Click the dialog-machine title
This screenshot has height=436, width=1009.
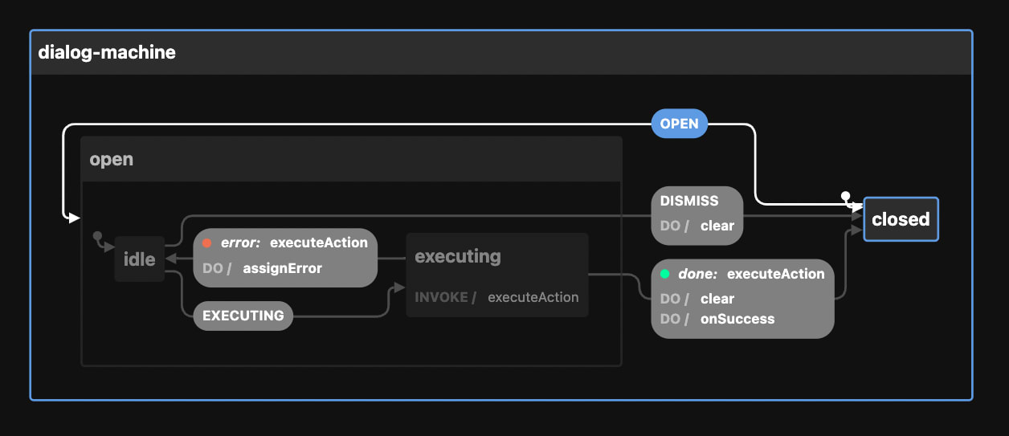(x=107, y=53)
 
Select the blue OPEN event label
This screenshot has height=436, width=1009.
(x=679, y=124)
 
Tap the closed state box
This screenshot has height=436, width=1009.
(x=901, y=219)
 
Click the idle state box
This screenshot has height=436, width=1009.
(x=139, y=259)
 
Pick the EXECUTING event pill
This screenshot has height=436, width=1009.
(x=243, y=316)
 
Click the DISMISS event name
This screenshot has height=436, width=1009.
(x=689, y=201)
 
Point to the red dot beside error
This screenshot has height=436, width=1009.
(x=207, y=243)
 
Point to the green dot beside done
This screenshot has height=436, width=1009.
(x=664, y=274)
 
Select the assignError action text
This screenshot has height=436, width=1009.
(x=282, y=268)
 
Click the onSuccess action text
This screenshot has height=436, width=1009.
(x=737, y=319)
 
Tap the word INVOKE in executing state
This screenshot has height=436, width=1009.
(x=441, y=297)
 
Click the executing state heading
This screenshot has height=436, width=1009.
(x=457, y=256)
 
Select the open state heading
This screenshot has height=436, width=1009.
(x=112, y=159)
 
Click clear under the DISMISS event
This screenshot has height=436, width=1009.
(x=717, y=226)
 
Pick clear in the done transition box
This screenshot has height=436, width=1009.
(x=717, y=299)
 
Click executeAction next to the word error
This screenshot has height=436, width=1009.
(x=319, y=242)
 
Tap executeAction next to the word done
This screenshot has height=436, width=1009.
(x=775, y=274)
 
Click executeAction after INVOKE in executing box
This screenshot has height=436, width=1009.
(x=533, y=297)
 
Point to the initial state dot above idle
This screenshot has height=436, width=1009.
(x=97, y=236)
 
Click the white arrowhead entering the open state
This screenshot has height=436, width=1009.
(x=74, y=218)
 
